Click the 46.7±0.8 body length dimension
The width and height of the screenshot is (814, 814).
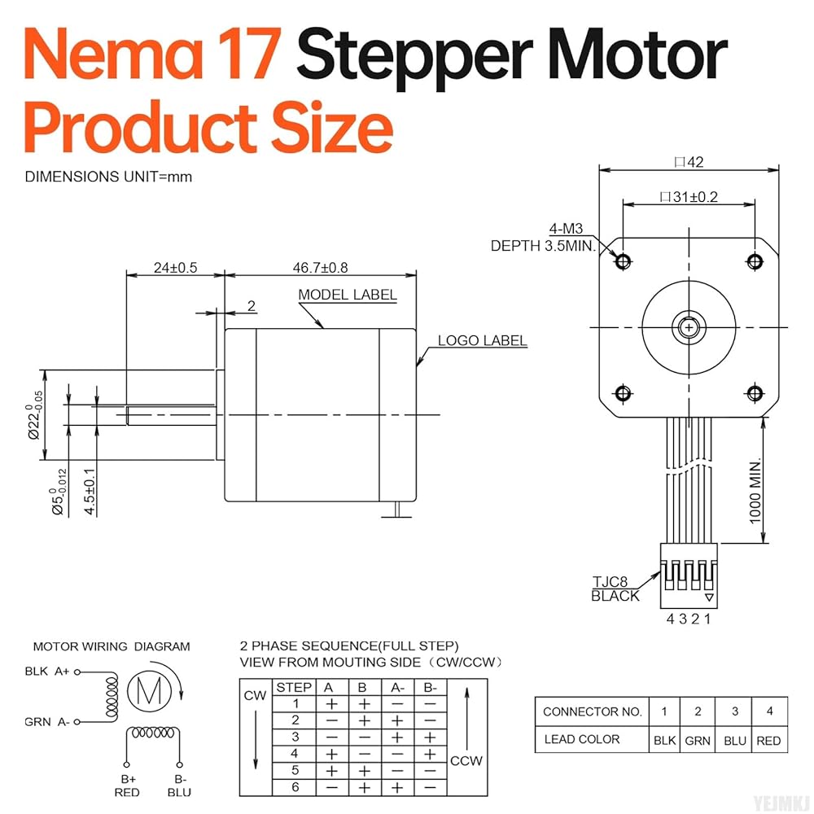320,268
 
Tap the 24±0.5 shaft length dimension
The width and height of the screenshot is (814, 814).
176,268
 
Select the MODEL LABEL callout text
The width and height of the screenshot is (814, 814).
348,295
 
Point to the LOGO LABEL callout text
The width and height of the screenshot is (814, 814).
482,340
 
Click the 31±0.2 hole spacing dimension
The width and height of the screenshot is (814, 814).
689,197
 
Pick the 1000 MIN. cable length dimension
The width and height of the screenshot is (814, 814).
755,491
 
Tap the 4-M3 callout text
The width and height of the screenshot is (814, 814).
566,229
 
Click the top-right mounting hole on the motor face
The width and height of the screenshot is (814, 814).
755,260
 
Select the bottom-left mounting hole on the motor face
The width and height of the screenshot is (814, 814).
623,393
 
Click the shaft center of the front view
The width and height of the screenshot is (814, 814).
689,327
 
